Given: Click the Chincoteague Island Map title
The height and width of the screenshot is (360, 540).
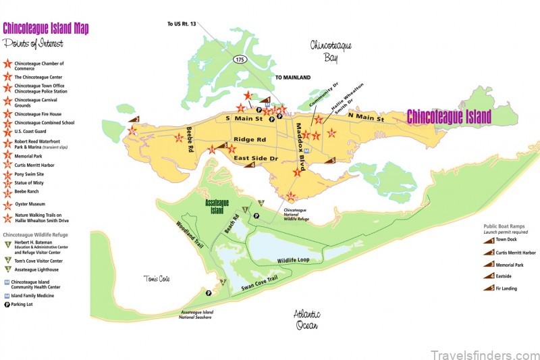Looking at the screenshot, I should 45,28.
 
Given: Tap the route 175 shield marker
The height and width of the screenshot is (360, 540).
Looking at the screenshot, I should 239,59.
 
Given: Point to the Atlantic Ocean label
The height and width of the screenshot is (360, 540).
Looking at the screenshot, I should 307,319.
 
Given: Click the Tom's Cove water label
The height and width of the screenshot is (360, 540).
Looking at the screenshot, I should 155,279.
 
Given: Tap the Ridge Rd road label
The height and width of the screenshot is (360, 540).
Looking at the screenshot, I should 250,140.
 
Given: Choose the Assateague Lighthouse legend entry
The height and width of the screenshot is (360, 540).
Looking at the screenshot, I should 37,269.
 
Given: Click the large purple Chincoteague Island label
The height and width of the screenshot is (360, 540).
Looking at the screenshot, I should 449,116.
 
